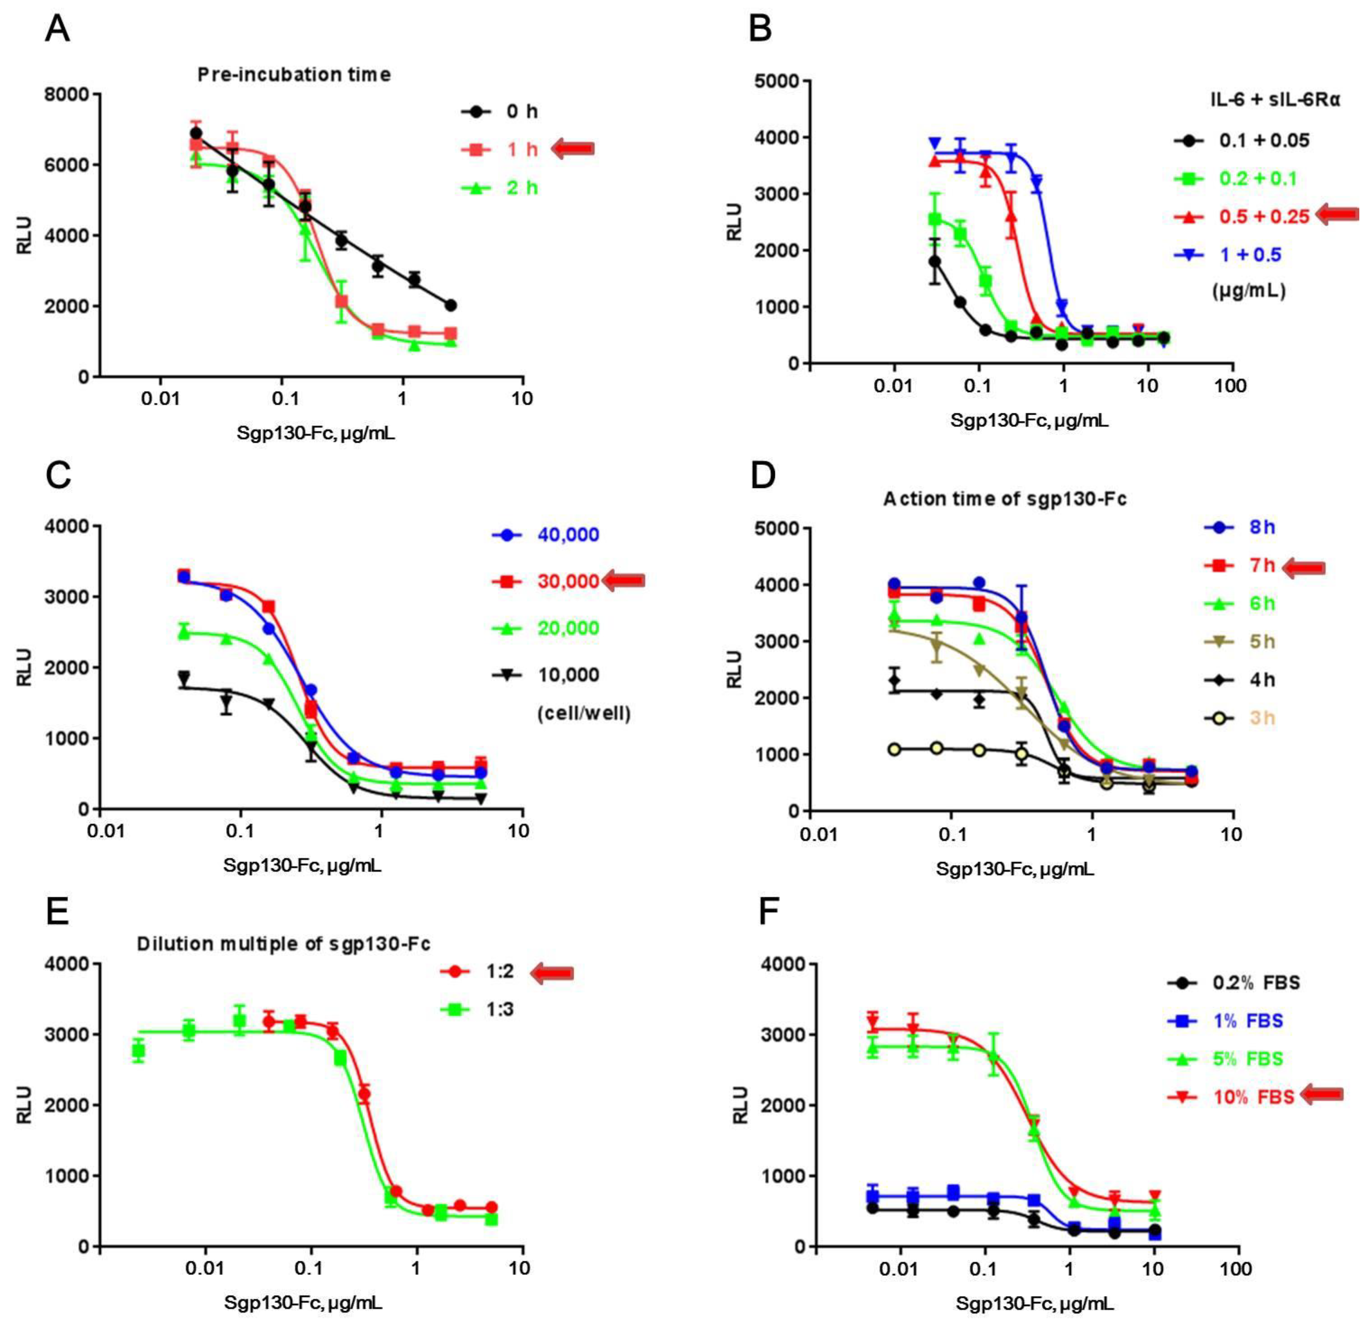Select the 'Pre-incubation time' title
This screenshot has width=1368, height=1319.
click(x=294, y=75)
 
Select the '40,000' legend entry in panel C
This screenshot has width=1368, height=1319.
click(x=567, y=535)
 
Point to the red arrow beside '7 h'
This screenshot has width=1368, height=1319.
click(x=1304, y=568)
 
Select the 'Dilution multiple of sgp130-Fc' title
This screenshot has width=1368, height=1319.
click(x=283, y=944)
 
